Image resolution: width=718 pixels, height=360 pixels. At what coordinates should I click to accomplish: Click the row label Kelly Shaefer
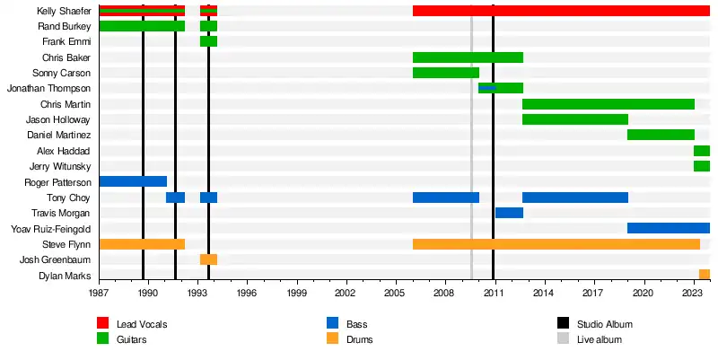click(x=64, y=11)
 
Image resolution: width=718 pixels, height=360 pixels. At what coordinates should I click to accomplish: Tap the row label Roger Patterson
click(x=59, y=181)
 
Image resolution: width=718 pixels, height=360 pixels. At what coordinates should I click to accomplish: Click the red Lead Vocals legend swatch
click(x=103, y=323)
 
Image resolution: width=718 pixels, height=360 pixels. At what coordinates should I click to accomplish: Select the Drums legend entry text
click(x=358, y=339)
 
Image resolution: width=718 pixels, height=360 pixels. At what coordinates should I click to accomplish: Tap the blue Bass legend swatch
click(x=333, y=323)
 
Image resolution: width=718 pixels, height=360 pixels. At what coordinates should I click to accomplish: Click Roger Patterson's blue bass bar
click(x=133, y=181)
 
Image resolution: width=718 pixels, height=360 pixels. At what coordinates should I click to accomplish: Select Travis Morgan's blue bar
click(x=509, y=213)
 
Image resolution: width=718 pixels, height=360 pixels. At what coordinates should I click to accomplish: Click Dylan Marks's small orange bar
click(x=705, y=275)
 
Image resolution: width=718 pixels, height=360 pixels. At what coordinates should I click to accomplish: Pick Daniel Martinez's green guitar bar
click(x=661, y=135)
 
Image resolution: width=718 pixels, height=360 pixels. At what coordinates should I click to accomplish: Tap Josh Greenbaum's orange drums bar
click(x=208, y=259)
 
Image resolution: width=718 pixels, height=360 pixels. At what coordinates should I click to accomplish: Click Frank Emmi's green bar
click(x=208, y=41)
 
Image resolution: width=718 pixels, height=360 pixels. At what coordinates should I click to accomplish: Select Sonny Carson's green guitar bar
click(x=445, y=73)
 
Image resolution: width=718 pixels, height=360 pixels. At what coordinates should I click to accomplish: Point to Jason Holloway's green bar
click(x=574, y=119)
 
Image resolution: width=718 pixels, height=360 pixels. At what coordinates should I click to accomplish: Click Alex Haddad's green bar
click(x=702, y=151)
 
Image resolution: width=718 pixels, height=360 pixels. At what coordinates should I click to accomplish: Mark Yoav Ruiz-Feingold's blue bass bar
click(x=669, y=228)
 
